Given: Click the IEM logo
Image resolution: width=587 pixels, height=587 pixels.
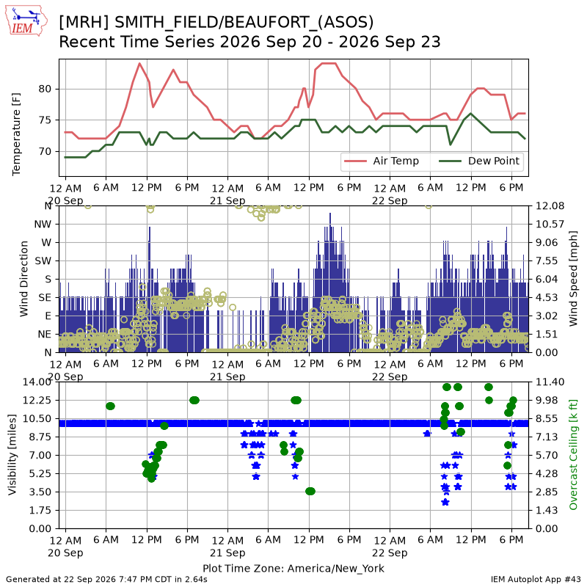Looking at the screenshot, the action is (x=26, y=21).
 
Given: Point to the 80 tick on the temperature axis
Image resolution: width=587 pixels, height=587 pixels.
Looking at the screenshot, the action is (x=45, y=89).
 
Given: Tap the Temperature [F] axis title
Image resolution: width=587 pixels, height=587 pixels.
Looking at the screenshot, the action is (x=16, y=134).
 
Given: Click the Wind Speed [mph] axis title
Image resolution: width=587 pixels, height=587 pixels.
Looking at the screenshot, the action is (x=573, y=279).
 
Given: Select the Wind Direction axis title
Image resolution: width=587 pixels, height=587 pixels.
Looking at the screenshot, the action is (x=24, y=279).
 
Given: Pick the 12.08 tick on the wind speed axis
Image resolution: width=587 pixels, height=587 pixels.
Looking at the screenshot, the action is (x=550, y=206).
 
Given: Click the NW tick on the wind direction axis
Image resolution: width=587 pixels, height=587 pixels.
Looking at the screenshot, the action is (x=43, y=225).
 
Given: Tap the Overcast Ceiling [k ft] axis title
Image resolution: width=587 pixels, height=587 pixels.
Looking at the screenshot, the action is (x=573, y=454).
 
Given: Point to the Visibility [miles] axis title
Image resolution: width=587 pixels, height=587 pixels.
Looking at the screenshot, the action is (x=12, y=454).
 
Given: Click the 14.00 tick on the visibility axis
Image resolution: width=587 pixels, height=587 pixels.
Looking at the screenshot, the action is (x=37, y=382).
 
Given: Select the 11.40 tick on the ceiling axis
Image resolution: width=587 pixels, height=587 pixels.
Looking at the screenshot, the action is (x=550, y=382).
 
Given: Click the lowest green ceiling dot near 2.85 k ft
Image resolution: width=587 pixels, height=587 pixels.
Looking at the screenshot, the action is (x=310, y=491).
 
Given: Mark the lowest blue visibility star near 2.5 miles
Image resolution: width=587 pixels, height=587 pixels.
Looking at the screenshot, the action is (x=445, y=502).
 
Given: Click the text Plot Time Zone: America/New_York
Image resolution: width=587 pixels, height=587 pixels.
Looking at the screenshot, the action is (x=293, y=568).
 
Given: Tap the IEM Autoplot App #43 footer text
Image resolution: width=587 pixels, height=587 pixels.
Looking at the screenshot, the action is (x=536, y=579).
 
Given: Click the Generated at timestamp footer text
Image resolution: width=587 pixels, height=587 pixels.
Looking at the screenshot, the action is (x=106, y=579).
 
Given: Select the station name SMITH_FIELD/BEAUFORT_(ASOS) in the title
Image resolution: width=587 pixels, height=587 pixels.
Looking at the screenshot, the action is (x=244, y=23).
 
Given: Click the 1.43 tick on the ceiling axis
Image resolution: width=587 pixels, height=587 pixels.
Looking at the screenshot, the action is (x=547, y=510).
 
